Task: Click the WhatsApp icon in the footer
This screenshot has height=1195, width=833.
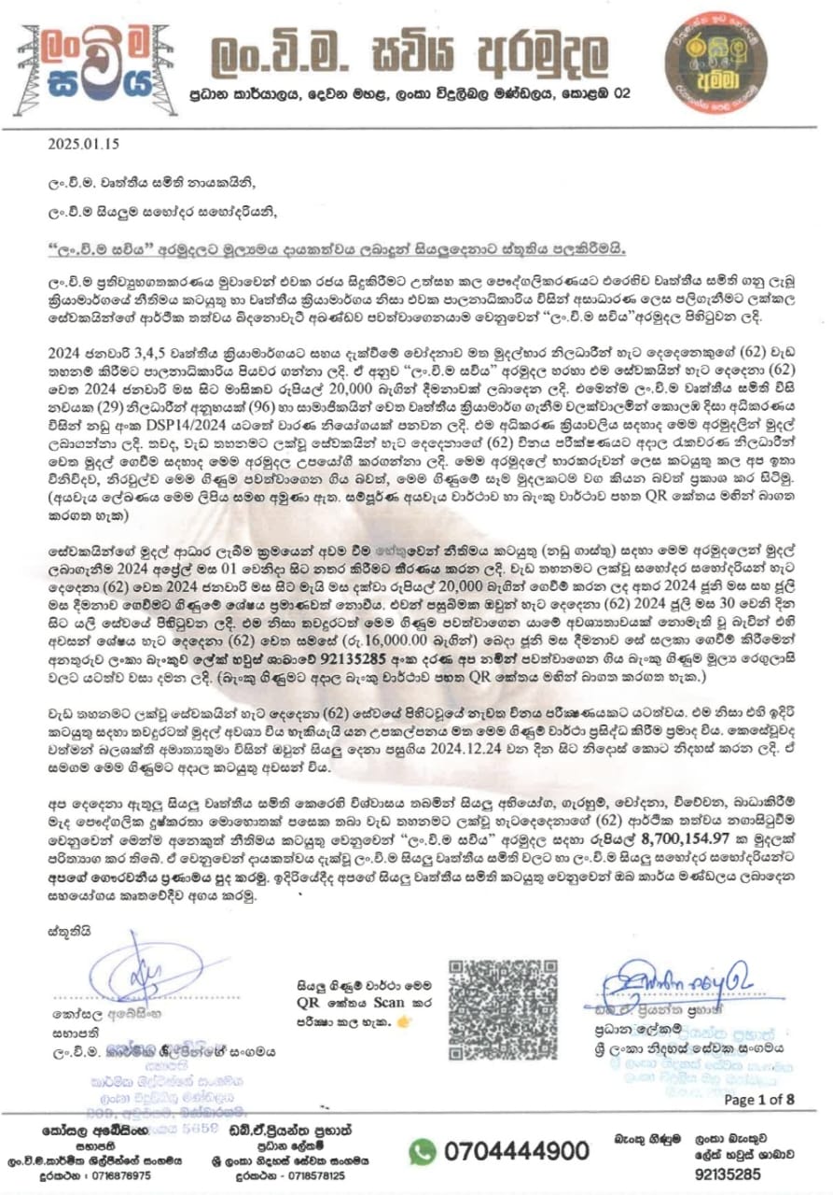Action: click(x=423, y=1151)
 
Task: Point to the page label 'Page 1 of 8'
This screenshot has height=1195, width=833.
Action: click(x=759, y=1099)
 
